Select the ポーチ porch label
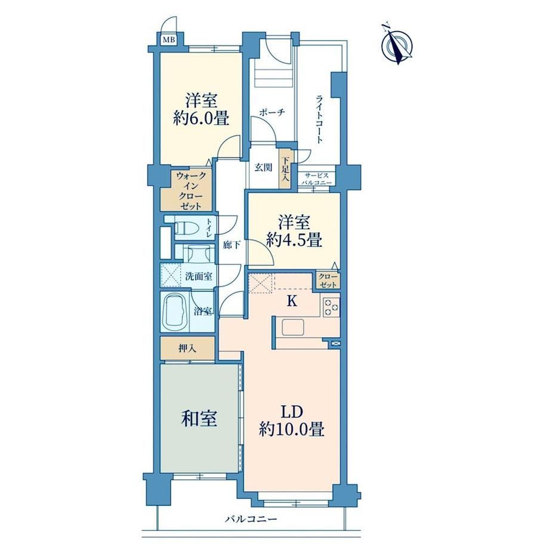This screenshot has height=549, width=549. click(x=272, y=112)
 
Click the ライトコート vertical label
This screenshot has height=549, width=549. click(x=319, y=119)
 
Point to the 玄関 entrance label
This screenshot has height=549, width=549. click(x=263, y=167)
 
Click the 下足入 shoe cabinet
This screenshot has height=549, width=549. click(x=286, y=169)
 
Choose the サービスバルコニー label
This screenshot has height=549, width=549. click(x=316, y=178)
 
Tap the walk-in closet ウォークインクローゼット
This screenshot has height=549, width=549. click(x=191, y=191)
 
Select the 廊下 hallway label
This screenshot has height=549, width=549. click(x=232, y=245)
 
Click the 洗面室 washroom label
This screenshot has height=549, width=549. click(x=199, y=276)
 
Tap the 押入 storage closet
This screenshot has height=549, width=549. click(x=187, y=348)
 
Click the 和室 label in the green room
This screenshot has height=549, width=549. click(x=199, y=418)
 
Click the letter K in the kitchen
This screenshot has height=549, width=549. click(x=292, y=301)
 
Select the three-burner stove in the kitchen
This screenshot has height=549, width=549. click(x=331, y=307)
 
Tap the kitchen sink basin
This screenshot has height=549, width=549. click(x=294, y=328)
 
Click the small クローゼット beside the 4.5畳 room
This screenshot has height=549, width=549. click(x=328, y=280)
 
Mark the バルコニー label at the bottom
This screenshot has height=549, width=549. click(x=251, y=518)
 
